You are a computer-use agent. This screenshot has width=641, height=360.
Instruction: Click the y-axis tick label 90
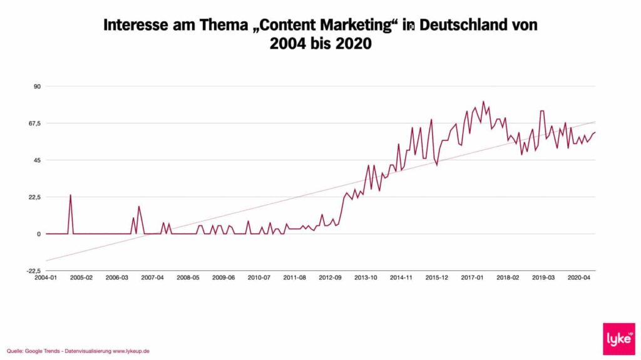coord(36,86)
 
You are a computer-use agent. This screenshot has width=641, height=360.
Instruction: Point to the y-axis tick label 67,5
coord(34,123)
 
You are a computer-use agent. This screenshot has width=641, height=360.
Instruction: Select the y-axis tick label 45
coord(36,160)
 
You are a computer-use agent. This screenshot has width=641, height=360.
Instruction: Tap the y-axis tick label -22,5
coord(33,271)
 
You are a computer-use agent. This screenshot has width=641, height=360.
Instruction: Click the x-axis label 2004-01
coord(46,277)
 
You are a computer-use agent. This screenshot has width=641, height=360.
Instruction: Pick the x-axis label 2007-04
coord(152,277)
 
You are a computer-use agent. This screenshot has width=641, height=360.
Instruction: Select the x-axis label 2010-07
coord(259,277)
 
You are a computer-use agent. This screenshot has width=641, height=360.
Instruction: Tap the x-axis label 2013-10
coord(366,277)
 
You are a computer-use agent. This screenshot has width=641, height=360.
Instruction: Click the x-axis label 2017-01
coord(472,277)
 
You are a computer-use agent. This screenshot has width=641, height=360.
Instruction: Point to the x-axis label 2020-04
coord(578,277)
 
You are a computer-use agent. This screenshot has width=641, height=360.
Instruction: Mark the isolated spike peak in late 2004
coord(70,195)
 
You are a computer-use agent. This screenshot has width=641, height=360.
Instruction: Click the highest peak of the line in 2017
coord(483,101)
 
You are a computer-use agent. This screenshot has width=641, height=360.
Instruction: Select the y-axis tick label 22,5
coord(34,197)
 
